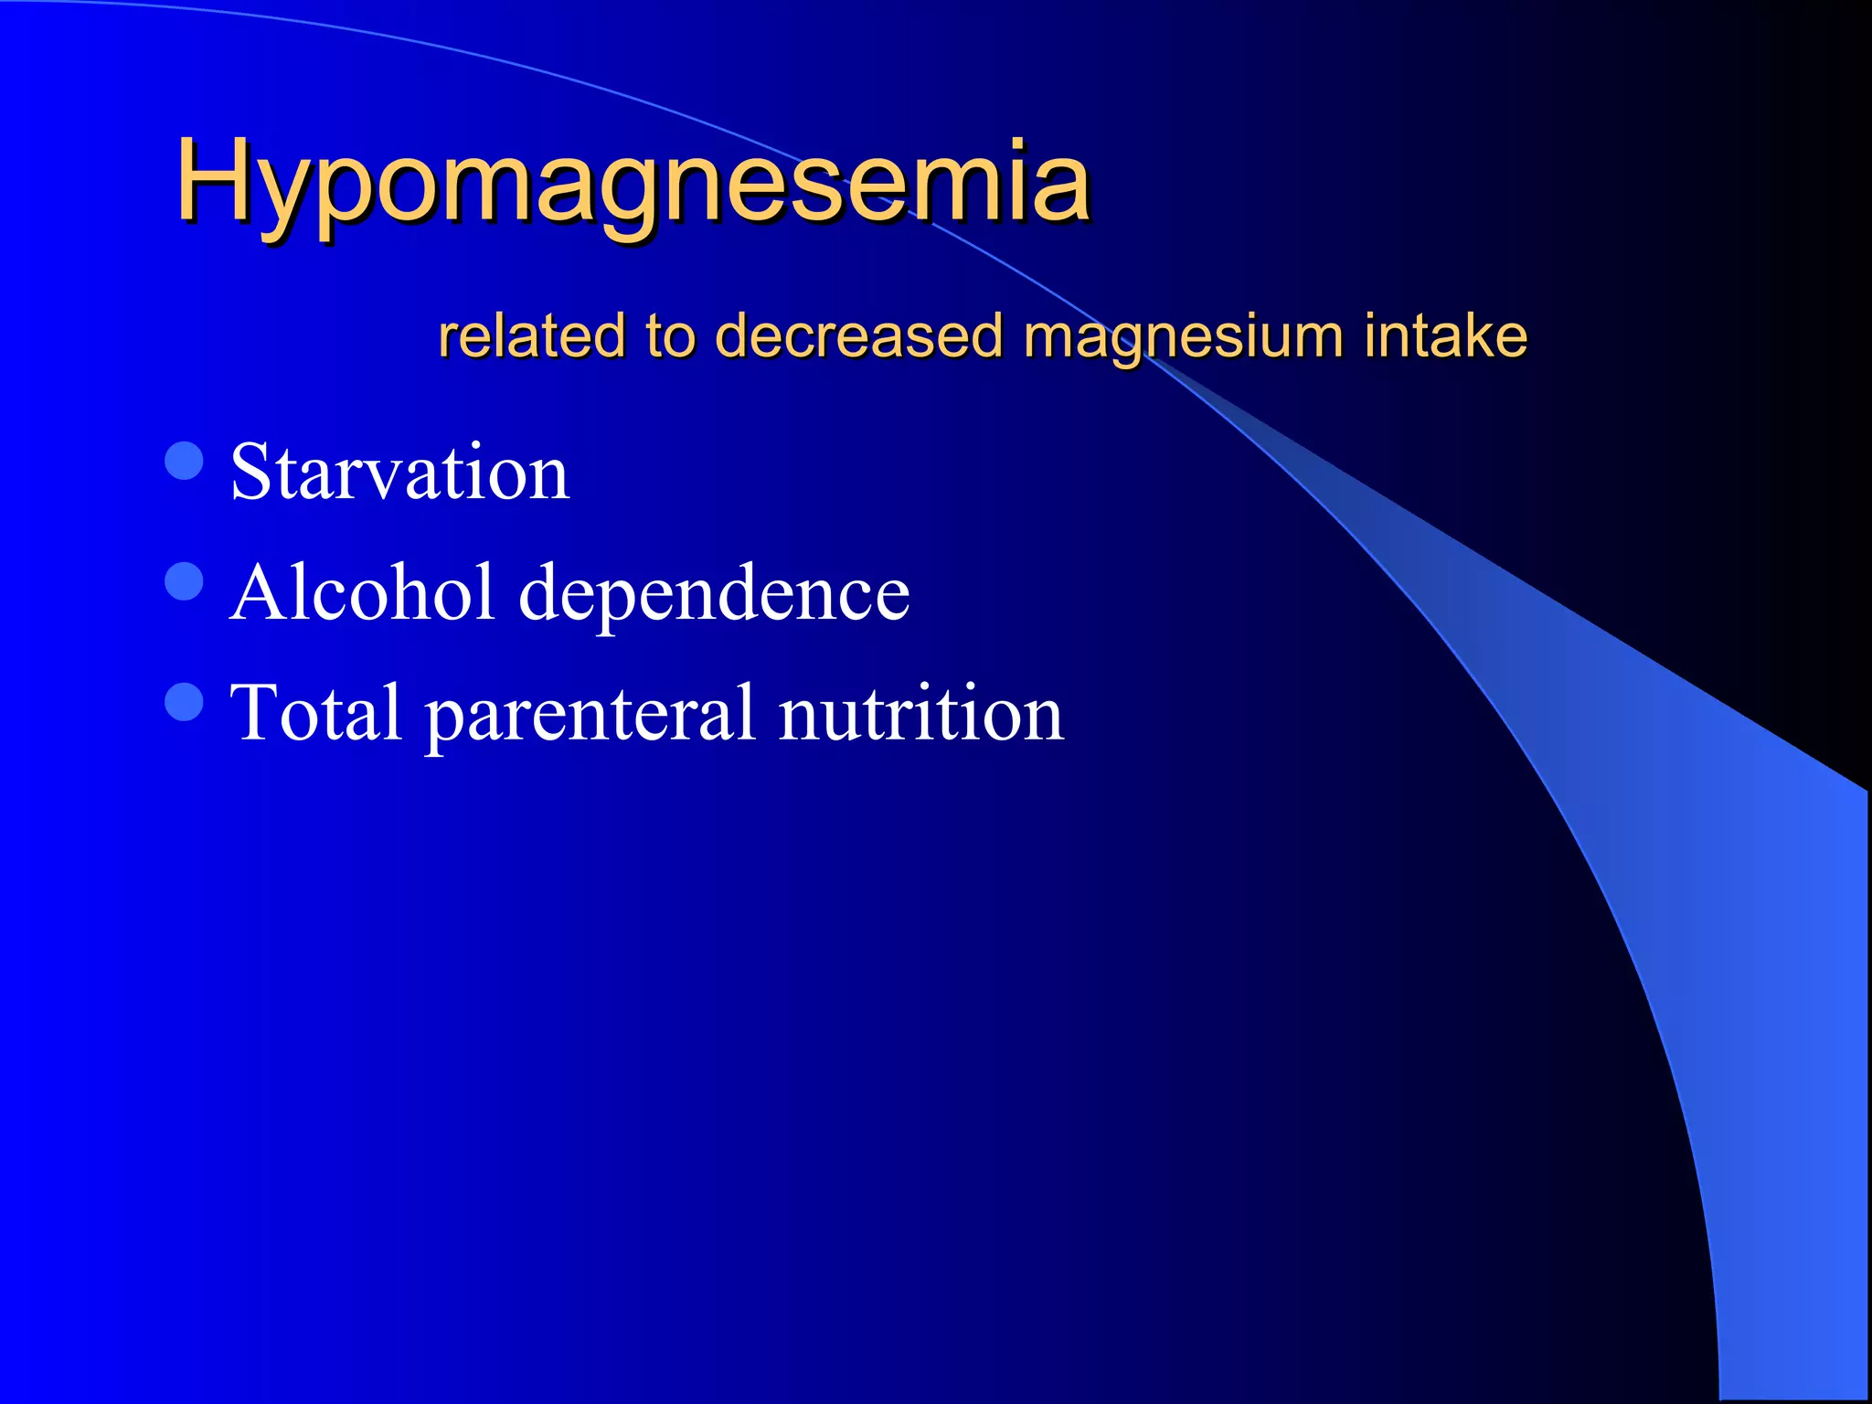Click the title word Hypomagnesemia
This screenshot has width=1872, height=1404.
(x=633, y=181)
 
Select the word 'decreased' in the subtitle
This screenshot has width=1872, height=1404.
(x=858, y=335)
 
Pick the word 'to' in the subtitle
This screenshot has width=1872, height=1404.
(x=669, y=335)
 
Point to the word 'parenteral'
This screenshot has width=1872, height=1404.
(x=590, y=716)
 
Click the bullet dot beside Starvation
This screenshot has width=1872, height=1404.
(x=185, y=461)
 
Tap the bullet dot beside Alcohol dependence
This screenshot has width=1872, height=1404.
(x=185, y=581)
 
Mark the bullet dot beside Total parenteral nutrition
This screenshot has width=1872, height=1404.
(x=185, y=702)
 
